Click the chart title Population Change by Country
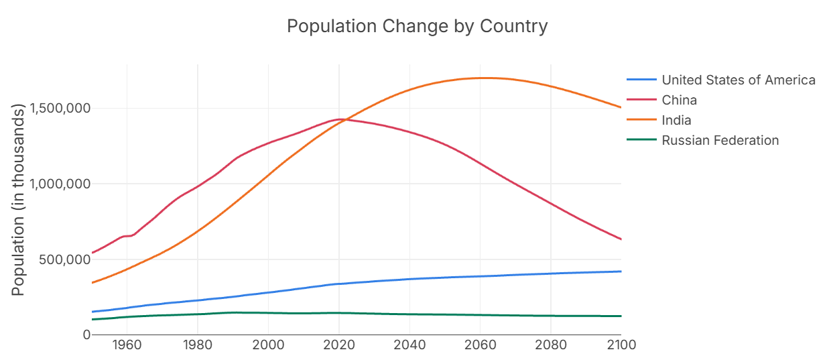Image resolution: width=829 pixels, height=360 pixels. [417, 26]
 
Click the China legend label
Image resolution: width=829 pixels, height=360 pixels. [679, 100]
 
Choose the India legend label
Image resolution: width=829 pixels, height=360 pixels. [676, 120]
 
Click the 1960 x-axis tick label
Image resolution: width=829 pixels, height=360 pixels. [127, 346]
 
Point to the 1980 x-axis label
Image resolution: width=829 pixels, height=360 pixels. [197, 346]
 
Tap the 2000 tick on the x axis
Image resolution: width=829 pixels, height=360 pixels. [268, 346]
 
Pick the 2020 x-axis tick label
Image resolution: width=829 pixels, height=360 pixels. [338, 346]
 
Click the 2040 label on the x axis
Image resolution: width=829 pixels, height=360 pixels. [409, 346]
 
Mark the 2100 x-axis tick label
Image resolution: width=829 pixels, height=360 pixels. [621, 346]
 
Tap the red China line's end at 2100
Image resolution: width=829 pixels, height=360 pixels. [621, 239]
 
